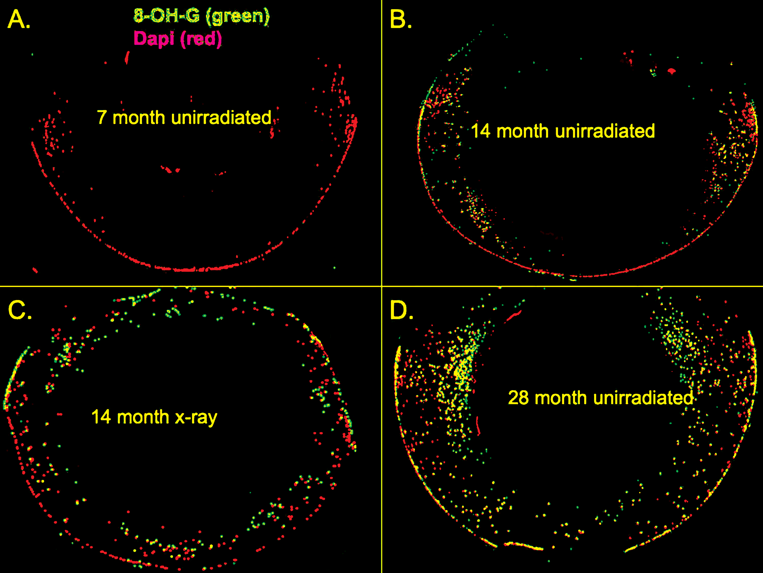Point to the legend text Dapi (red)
pos(178,39)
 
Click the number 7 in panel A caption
pos(101,117)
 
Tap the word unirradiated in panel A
pos(221,117)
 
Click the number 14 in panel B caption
pos(480,131)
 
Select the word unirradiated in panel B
pos(605,131)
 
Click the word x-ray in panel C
pos(196,417)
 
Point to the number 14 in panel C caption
pos(101,417)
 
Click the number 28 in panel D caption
pos(518,398)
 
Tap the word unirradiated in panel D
pos(642,398)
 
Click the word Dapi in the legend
pos(154,39)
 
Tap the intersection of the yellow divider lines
pos(382,286)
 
